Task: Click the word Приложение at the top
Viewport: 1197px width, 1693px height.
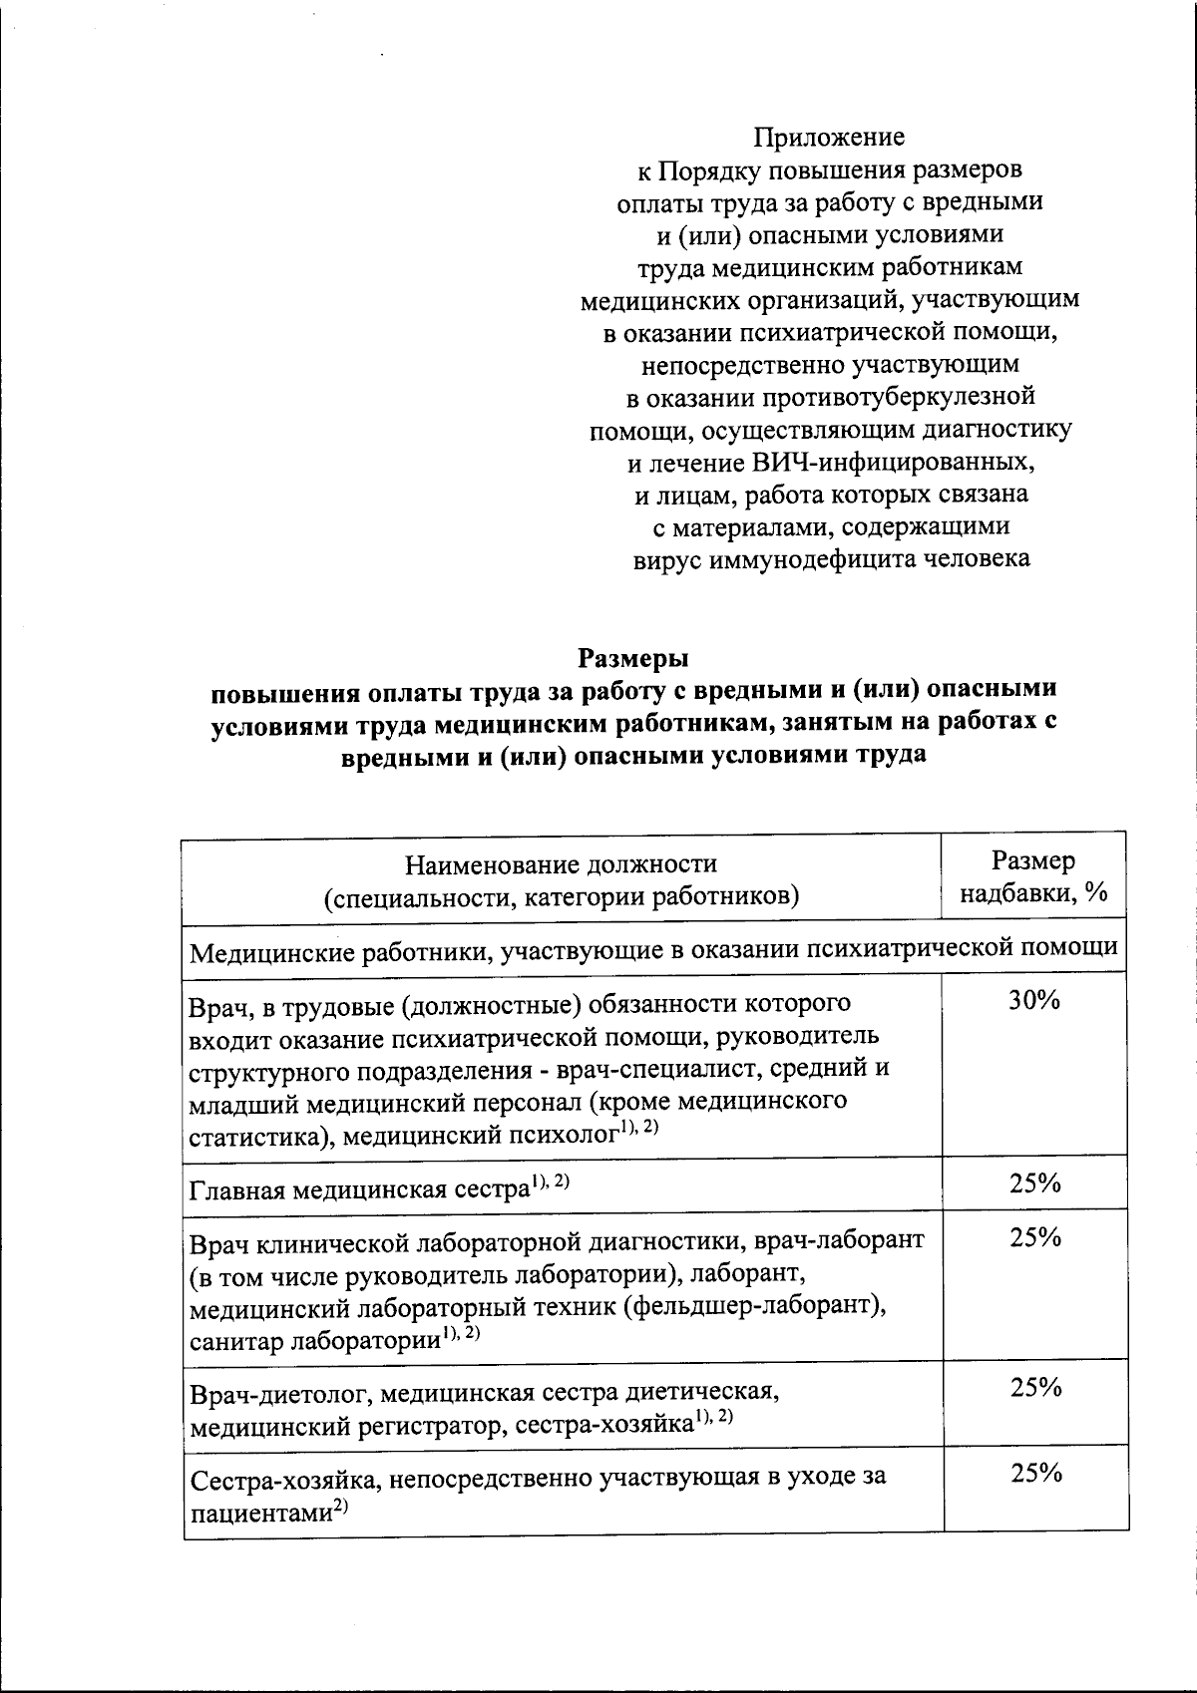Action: (x=829, y=136)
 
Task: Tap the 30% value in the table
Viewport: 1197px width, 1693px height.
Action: (x=1034, y=1001)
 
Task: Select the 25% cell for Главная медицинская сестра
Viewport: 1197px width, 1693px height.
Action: (x=1034, y=1184)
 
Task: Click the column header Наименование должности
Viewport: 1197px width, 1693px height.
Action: (x=562, y=863)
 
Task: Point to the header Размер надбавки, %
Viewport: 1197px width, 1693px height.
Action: (x=1033, y=877)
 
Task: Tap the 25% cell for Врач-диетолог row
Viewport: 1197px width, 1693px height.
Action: (x=1034, y=1388)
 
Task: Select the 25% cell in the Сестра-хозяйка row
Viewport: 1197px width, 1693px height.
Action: (x=1034, y=1474)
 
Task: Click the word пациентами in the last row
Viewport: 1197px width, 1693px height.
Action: (x=260, y=1515)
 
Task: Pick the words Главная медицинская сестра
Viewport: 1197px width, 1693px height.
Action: (x=357, y=1190)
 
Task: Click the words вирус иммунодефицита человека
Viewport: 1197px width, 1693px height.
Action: (x=832, y=559)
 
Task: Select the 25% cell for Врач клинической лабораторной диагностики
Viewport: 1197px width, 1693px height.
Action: (x=1034, y=1237)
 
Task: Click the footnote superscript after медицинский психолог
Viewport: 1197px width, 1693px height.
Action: (x=639, y=1128)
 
